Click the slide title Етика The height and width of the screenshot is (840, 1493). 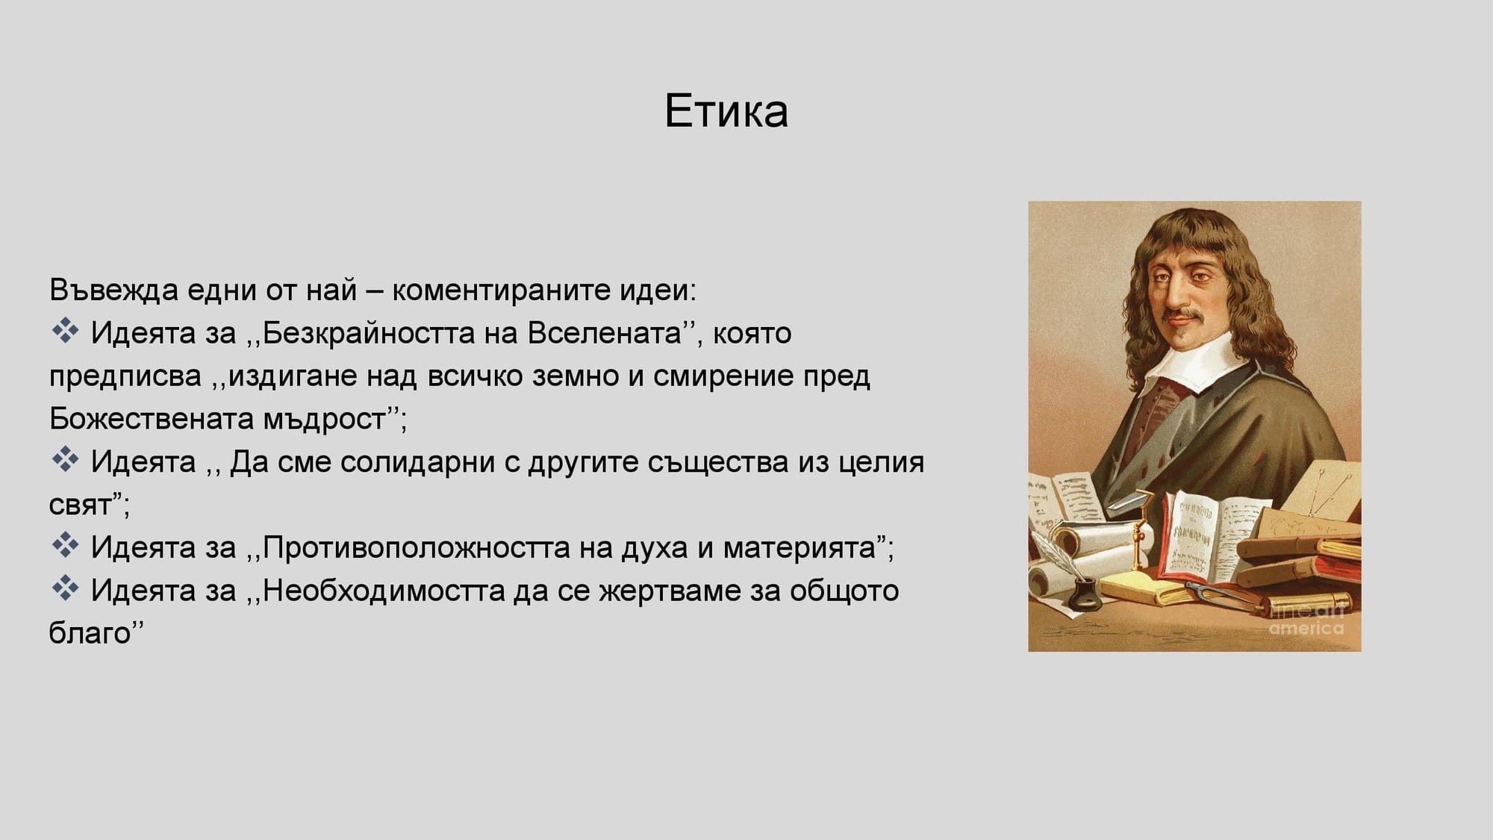726,112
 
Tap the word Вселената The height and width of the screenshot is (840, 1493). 605,333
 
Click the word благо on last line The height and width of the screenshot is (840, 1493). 90,634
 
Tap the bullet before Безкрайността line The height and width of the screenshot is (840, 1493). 65,331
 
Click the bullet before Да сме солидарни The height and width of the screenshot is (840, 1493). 65,460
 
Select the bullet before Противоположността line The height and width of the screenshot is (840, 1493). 65,546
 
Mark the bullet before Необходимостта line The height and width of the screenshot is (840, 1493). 65,589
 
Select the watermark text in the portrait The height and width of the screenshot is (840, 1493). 1306,620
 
